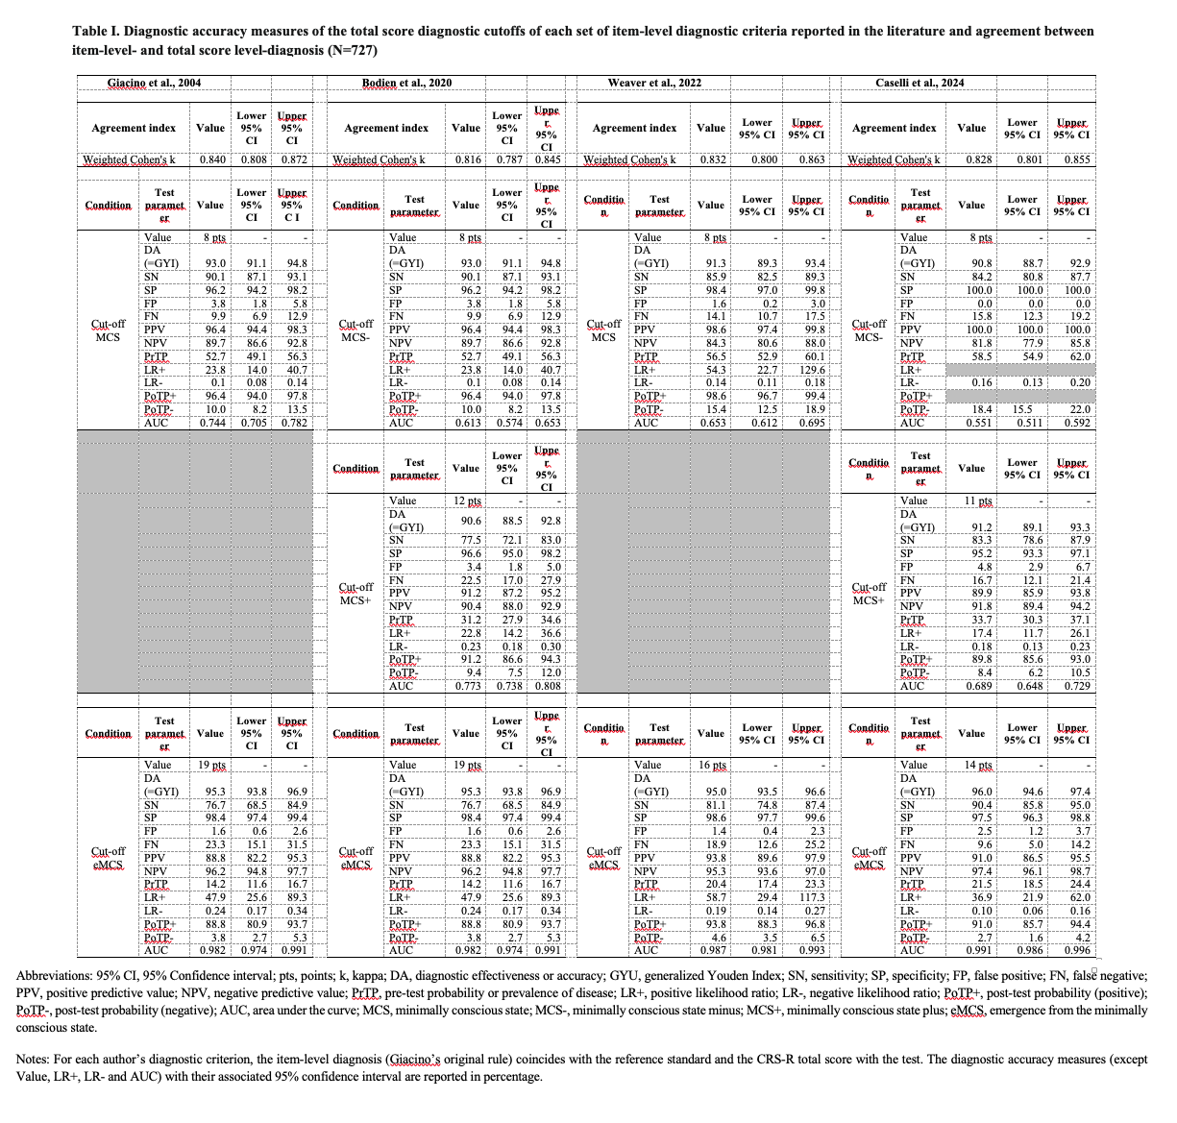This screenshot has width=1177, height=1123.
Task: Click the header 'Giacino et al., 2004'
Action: [155, 84]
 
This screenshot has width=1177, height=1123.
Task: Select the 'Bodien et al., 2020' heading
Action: [406, 84]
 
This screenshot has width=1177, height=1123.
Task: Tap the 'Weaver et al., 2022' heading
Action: [654, 84]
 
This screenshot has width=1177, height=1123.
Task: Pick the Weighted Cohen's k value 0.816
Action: [465, 159]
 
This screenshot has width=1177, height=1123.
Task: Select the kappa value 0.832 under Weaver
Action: [711, 159]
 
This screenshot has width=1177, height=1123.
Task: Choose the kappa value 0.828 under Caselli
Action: [971, 159]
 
